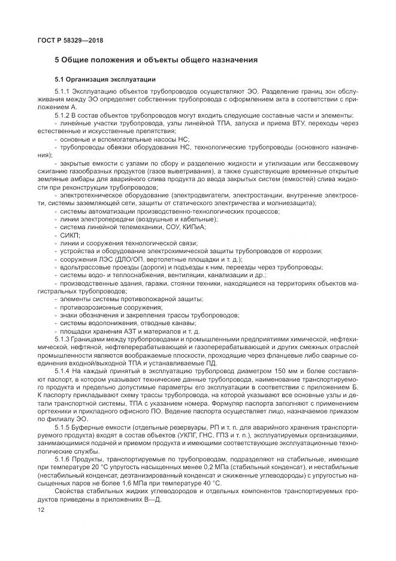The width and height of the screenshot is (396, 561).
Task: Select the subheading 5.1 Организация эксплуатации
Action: [105, 79]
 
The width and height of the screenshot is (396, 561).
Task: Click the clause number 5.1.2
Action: [62, 115]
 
